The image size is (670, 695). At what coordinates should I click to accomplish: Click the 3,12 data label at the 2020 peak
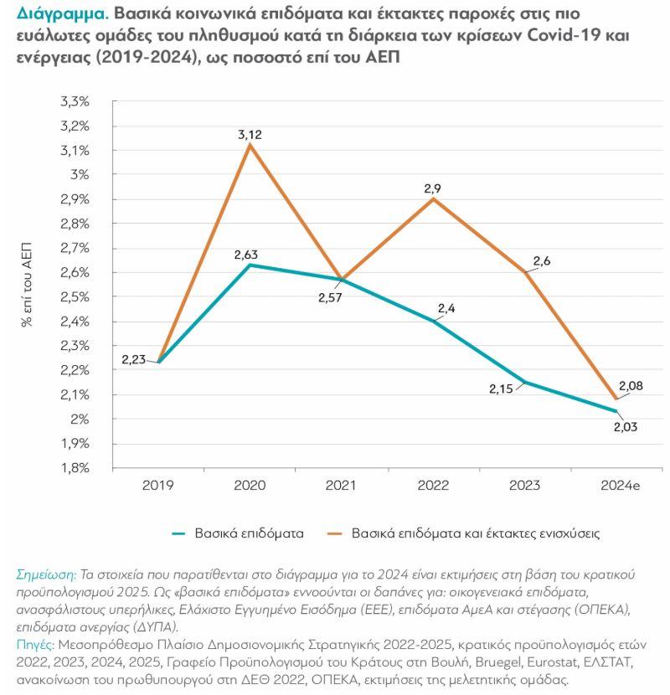pyautogui.click(x=250, y=133)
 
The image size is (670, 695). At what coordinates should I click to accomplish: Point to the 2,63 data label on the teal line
pyautogui.click(x=250, y=253)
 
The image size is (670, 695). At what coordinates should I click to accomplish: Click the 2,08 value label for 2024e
pyautogui.click(x=631, y=385)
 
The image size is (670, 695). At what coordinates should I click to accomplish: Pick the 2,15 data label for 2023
pyautogui.click(x=503, y=390)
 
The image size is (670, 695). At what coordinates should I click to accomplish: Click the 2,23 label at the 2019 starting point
pyautogui.click(x=134, y=360)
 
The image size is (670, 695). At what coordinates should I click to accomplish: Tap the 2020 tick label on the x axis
pyautogui.click(x=250, y=486)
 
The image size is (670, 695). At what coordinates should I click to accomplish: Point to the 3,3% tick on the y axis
pyautogui.click(x=75, y=101)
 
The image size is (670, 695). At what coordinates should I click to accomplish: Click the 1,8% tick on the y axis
pyautogui.click(x=75, y=468)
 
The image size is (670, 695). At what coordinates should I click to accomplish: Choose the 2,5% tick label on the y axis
pyautogui.click(x=75, y=297)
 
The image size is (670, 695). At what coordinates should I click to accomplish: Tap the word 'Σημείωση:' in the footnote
pyautogui.click(x=45, y=574)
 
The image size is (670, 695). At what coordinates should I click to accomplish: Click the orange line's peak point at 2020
pyautogui.click(x=250, y=145)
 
